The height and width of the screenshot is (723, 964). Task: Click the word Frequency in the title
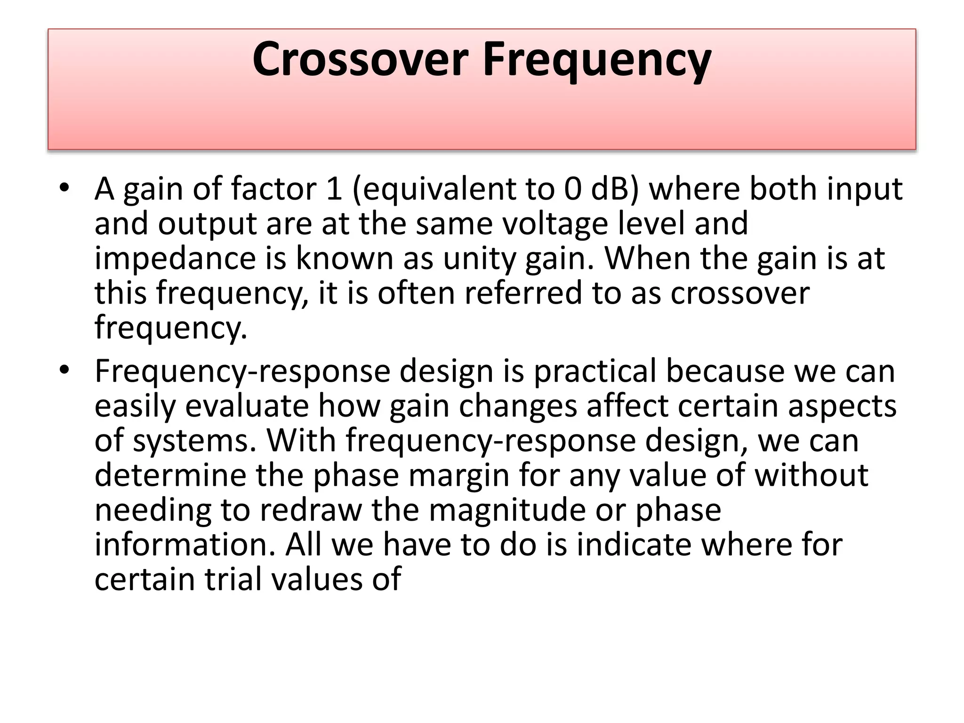[x=597, y=60]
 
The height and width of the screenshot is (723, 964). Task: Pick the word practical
[x=594, y=371]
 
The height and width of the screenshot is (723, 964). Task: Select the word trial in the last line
[x=233, y=579]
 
